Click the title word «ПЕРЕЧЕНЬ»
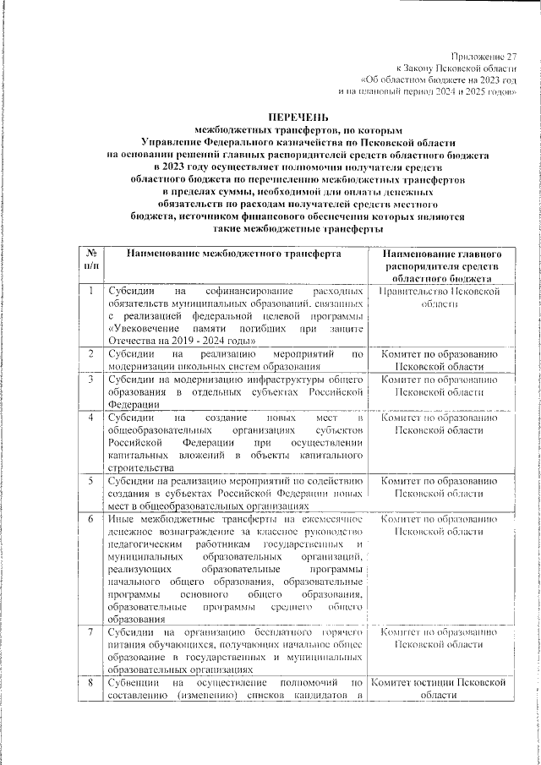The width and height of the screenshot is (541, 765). tap(298, 116)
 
